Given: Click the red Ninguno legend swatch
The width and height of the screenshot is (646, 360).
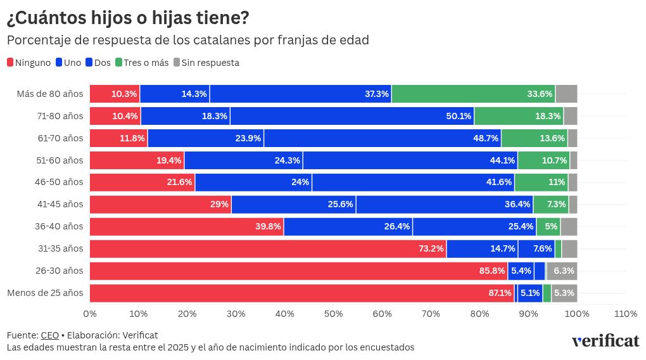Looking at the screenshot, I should point(10,63).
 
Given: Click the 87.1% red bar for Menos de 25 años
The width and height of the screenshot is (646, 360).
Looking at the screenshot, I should point(301,293).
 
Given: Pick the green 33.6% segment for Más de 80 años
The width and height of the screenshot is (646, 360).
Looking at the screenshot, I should point(473,94).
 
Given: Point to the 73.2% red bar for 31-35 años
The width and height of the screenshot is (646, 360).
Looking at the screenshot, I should point(268,248).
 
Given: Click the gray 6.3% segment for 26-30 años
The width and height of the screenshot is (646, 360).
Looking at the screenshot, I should point(562,271).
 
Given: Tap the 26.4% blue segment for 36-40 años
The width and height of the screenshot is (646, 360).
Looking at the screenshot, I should point(348,226).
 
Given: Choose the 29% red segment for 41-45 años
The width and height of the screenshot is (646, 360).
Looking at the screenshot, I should point(160,204).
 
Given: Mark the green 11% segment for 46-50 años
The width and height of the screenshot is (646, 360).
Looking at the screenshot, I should point(541,183).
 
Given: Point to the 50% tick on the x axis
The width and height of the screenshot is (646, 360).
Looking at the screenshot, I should point(334,313).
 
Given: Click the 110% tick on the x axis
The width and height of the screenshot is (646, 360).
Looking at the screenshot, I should point(626,313).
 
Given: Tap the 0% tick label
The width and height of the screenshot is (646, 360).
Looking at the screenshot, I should point(90,313).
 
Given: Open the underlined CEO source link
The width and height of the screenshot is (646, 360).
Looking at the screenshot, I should point(49,335).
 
